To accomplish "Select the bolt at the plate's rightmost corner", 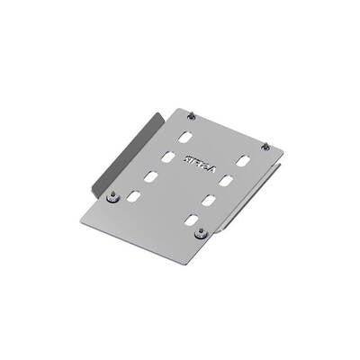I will click(265, 146).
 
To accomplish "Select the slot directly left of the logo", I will click(167, 157).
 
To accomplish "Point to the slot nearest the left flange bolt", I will click(134, 195).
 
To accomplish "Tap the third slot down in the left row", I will click(150, 175).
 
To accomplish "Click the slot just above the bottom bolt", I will click(191, 219).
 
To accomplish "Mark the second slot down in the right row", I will click(225, 181).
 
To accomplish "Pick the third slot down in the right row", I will click(208, 200).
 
